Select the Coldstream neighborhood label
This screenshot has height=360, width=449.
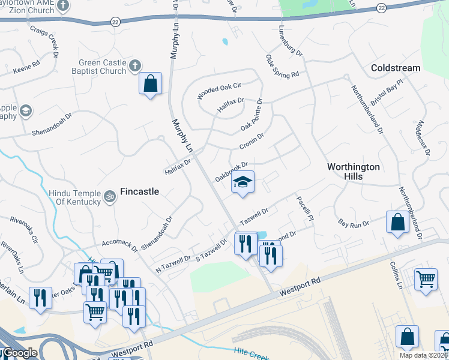396,68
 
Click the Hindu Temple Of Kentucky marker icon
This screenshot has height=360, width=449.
110,196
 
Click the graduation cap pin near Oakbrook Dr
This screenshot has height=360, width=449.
243,182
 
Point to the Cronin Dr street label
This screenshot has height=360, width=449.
252,142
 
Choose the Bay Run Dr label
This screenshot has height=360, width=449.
352,223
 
